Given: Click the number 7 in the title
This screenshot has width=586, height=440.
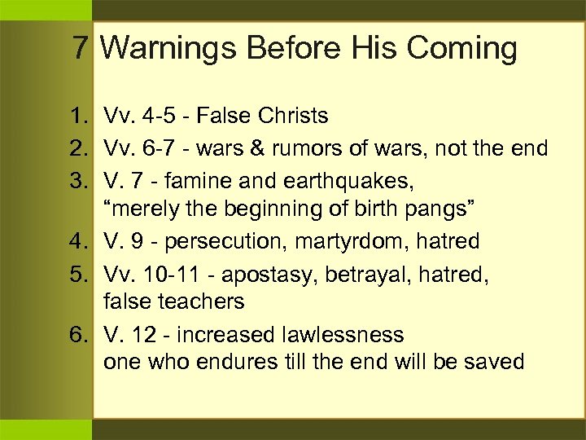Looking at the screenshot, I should (80, 48).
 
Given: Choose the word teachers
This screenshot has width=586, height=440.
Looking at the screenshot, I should (203, 301).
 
